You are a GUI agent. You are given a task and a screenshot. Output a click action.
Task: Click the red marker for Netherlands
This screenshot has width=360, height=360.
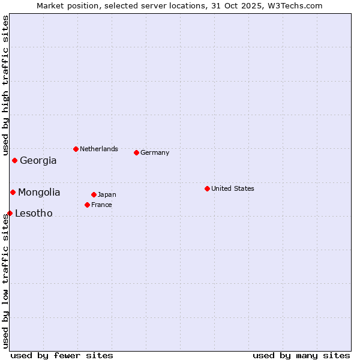tap(76, 149)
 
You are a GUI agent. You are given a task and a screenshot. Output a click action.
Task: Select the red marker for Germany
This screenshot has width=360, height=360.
tap(136, 152)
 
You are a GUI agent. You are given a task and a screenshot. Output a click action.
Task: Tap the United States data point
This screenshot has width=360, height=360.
tap(207, 188)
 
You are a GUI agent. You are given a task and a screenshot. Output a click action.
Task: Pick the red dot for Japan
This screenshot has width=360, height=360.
tap(94, 194)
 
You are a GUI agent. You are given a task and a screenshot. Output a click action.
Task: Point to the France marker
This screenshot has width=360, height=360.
tap(87, 205)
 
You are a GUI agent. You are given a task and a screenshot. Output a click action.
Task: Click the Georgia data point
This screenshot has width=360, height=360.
tap(14, 160)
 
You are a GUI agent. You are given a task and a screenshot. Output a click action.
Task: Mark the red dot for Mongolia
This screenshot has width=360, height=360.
tap(13, 192)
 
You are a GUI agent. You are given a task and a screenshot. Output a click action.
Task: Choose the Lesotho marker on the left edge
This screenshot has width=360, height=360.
tap(10, 213)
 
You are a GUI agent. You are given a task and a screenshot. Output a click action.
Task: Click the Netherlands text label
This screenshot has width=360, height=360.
tap(99, 149)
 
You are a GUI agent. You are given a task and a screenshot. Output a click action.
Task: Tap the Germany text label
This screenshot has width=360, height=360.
tap(155, 152)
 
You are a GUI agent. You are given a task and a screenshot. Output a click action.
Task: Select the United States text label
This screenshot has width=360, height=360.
tap(233, 188)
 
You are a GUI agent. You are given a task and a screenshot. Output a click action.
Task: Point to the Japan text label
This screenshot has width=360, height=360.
tap(107, 194)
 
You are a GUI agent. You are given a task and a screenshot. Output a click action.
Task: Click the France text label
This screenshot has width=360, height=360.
tap(101, 205)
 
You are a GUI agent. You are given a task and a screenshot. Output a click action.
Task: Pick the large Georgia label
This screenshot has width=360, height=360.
tap(38, 160)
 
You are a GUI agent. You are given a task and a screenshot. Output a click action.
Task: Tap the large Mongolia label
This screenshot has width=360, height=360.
tap(39, 192)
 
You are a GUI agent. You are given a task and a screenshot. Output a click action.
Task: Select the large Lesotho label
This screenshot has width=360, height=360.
tap(34, 213)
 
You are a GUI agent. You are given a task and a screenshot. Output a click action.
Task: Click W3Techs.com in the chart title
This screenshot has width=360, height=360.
tap(296, 5)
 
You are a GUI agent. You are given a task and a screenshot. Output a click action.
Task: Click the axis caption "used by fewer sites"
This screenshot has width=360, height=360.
tap(62, 355)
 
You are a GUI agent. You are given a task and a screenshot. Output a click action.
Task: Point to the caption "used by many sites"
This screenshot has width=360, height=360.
tap(301, 355)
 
